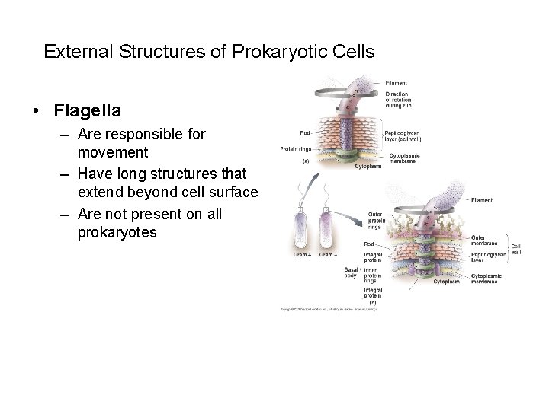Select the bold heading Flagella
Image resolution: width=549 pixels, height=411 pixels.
point(87,110)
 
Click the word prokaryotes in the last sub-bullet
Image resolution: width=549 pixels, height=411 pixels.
point(117,233)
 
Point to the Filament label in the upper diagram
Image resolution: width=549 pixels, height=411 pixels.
point(396,82)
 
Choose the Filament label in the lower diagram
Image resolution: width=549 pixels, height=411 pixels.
point(481,201)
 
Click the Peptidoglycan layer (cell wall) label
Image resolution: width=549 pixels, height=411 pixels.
point(403,136)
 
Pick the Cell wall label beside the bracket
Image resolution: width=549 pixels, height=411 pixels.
point(515,248)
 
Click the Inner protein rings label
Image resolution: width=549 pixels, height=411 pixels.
point(374,272)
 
